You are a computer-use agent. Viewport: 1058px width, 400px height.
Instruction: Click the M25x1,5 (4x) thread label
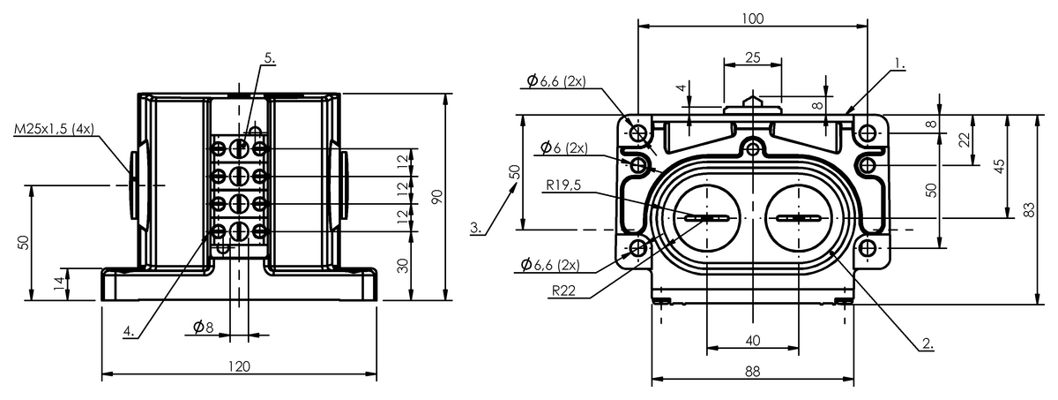point(55,129)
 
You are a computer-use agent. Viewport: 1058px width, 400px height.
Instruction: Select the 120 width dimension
point(239,366)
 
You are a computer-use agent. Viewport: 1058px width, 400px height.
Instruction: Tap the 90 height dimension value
point(438,197)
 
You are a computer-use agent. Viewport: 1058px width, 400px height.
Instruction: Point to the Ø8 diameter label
point(203,326)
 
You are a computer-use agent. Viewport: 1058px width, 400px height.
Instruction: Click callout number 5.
point(269,58)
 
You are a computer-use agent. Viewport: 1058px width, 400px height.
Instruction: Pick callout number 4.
point(129,330)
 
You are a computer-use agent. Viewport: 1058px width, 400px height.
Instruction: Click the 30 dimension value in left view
point(402,266)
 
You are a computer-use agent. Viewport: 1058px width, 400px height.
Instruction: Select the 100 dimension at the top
point(752,19)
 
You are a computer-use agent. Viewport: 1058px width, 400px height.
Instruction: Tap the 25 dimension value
point(752,57)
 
